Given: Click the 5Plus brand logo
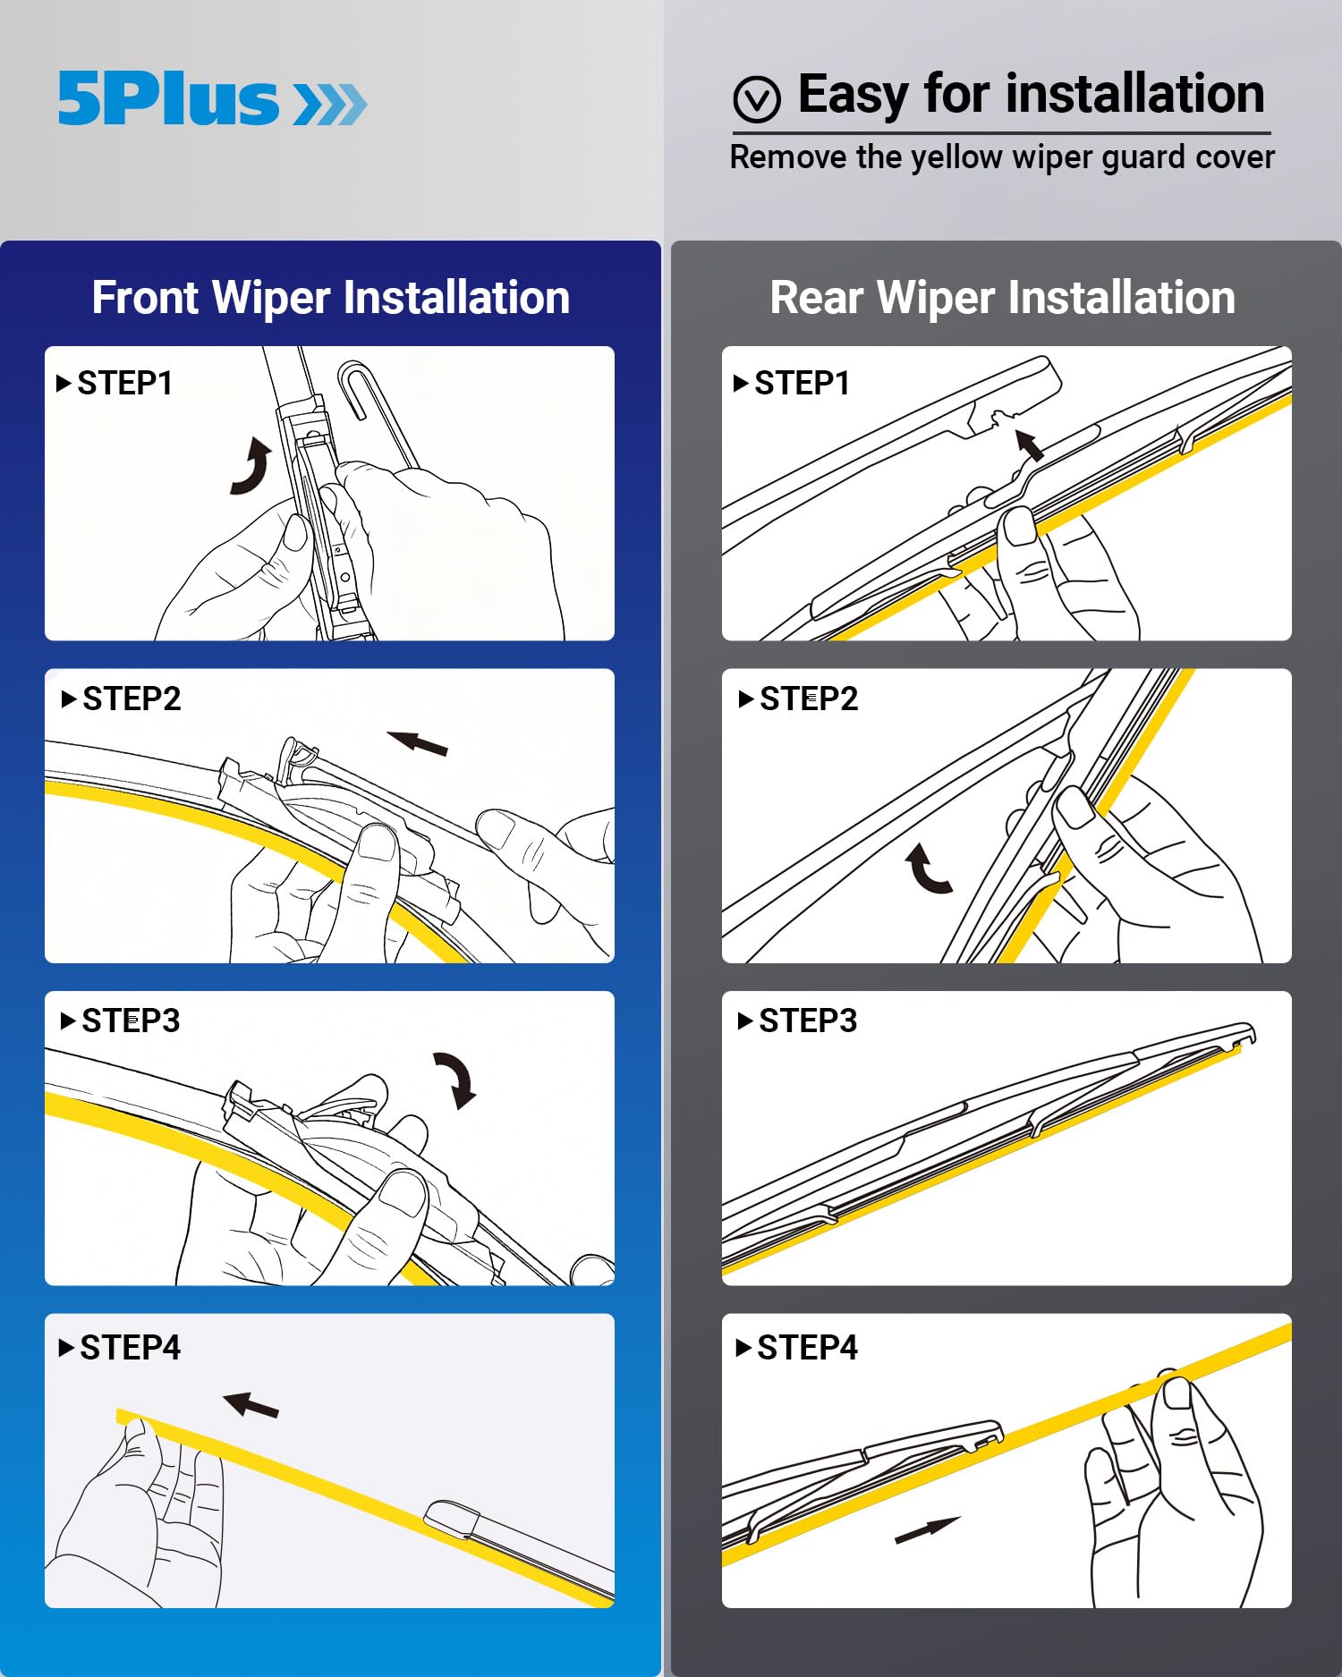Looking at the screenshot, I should pyautogui.click(x=212, y=98).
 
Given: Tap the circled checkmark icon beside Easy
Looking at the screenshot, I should pyautogui.click(x=757, y=98).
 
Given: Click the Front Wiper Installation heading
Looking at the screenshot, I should pyautogui.click(x=330, y=297).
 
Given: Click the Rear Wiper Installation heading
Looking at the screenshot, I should pyautogui.click(x=1002, y=297).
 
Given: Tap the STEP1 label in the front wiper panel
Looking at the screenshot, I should pyautogui.click(x=124, y=383).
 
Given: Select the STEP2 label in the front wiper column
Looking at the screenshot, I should pyautogui.click(x=131, y=699).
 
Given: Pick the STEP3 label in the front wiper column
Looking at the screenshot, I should pyautogui.click(x=130, y=1021).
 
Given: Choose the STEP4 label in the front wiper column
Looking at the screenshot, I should pyautogui.click(x=130, y=1347).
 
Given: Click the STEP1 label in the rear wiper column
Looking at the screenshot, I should pyautogui.click(x=802, y=383).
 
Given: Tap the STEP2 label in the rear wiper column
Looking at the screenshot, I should pyautogui.click(x=808, y=699).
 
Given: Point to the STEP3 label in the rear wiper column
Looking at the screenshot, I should pyautogui.click(x=807, y=1021).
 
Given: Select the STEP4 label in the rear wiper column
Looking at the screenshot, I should pyautogui.click(x=807, y=1347).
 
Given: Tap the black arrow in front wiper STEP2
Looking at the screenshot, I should pyautogui.click(x=418, y=742).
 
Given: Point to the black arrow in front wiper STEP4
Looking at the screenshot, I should pyautogui.click(x=251, y=1405).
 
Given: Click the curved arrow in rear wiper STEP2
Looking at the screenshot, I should pyautogui.click(x=928, y=870).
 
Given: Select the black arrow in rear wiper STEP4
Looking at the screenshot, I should pyautogui.click(x=927, y=1530).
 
